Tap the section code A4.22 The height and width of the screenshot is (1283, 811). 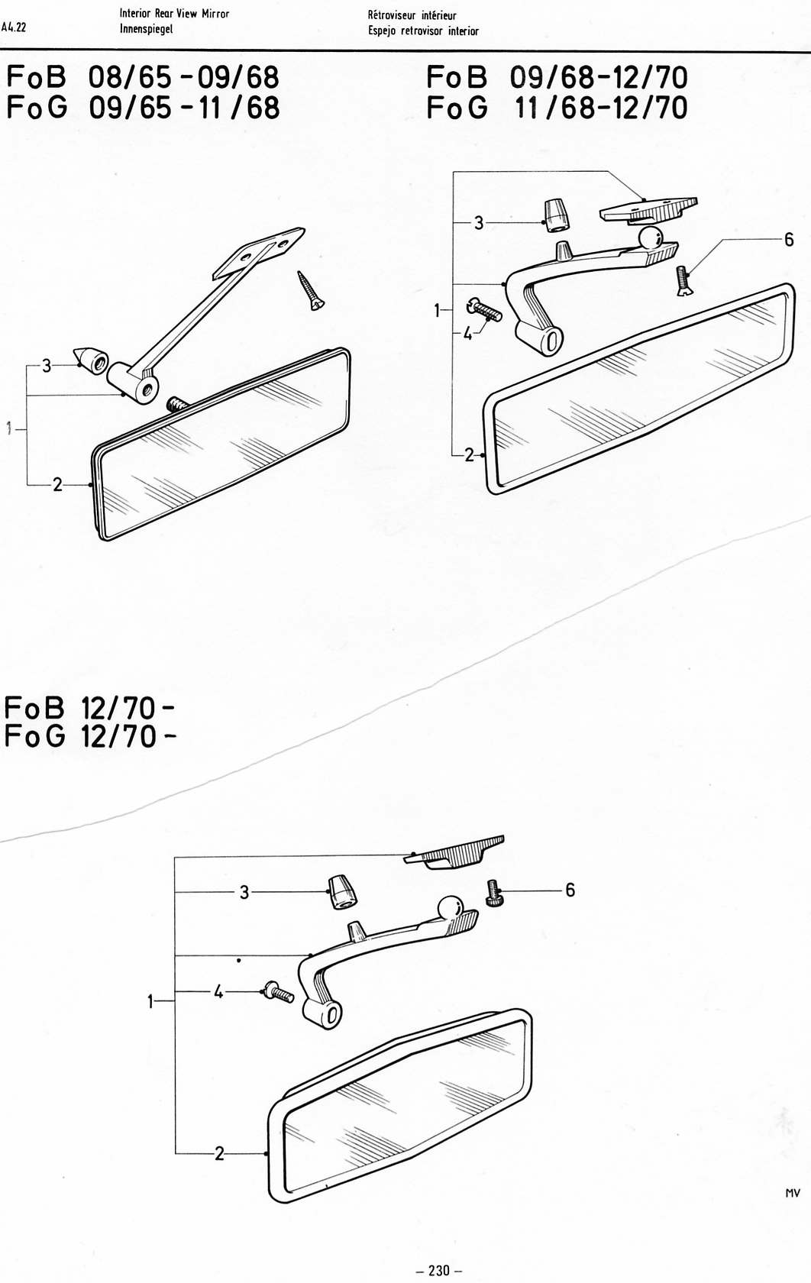click(x=14, y=26)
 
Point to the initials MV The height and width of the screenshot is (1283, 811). click(x=793, y=1193)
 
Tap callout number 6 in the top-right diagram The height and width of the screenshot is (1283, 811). click(x=789, y=240)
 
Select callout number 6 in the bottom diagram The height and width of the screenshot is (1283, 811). click(x=570, y=890)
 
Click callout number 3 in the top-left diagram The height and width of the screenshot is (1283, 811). click(x=47, y=365)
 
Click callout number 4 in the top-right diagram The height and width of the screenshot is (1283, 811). click(x=468, y=334)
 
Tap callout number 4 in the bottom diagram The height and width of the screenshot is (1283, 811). click(x=218, y=993)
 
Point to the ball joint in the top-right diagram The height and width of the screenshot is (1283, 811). click(x=651, y=238)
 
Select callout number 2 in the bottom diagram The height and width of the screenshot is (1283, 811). click(x=219, y=1153)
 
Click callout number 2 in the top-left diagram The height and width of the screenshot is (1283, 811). click(x=57, y=484)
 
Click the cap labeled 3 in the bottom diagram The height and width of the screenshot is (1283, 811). click(x=342, y=892)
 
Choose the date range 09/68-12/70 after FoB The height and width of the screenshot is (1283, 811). click(x=599, y=77)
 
